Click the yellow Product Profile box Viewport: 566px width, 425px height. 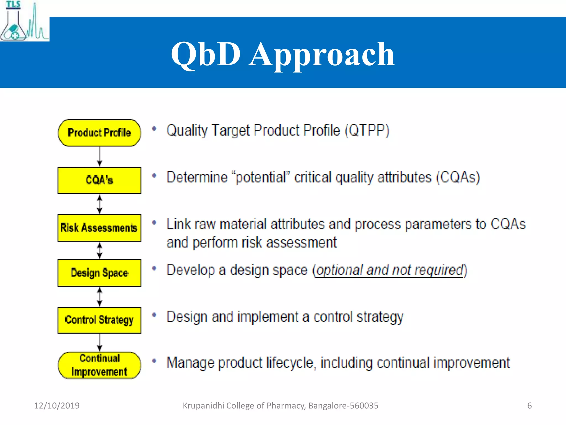(99, 133)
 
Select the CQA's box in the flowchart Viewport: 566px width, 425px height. (99, 180)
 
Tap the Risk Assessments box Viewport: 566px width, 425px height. (99, 228)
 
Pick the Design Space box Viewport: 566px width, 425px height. (99, 273)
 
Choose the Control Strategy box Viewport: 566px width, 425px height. (99, 320)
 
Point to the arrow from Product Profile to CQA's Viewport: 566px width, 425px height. (100, 157)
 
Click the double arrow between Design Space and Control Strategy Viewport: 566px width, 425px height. (100, 297)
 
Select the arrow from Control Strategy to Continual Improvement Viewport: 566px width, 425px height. (100, 343)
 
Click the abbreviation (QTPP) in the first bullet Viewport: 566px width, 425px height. (367, 130)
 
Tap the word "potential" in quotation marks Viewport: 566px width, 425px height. (261, 177)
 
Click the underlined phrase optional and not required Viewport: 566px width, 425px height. (389, 270)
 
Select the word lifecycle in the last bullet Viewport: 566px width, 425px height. (291, 363)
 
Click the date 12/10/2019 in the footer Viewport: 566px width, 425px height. (57, 406)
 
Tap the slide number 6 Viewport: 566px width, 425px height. (529, 406)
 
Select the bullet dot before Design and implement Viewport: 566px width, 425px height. (154, 315)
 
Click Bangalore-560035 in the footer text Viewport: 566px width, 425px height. (343, 406)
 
